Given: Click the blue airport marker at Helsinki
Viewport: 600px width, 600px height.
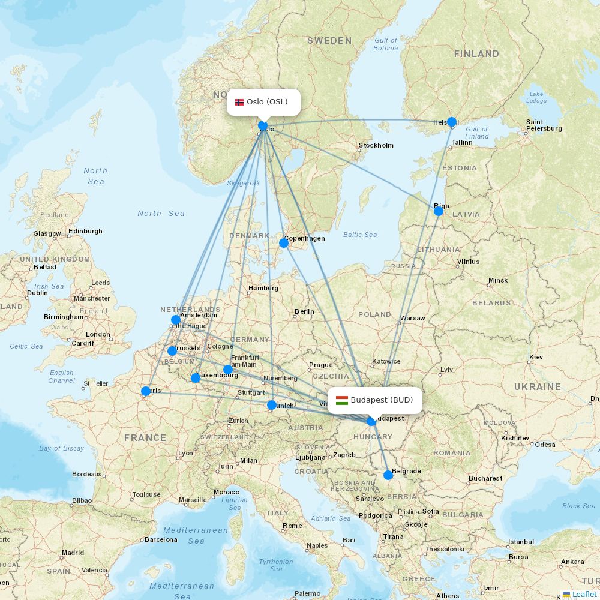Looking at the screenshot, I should tap(452, 122).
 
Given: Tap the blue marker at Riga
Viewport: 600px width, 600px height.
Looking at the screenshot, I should tap(439, 211).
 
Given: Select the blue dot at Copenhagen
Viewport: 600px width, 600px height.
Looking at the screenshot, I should tap(284, 243).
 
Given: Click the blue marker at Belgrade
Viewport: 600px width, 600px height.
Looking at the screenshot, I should tap(388, 475).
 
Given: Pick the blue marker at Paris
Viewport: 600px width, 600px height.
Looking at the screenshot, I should tap(145, 391).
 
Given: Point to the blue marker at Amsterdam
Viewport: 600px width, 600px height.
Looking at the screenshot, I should tap(175, 320).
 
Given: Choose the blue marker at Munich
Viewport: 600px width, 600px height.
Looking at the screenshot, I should tap(271, 405).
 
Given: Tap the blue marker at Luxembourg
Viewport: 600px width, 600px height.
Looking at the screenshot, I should tap(195, 378).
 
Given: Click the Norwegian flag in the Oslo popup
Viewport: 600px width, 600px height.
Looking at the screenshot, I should tap(239, 102).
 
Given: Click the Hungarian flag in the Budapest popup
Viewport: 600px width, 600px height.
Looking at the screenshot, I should tap(342, 400).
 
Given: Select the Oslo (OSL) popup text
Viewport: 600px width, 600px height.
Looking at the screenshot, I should tap(267, 102).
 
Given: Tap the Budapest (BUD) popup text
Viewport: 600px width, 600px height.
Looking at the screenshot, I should tap(382, 400).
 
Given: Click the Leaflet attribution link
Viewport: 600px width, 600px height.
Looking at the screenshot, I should tap(584, 594).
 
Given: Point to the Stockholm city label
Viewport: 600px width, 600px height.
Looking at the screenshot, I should tap(376, 145).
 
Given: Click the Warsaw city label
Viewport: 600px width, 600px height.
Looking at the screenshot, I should tap(412, 318).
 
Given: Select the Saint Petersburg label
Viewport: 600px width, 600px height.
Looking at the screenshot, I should tap(544, 125).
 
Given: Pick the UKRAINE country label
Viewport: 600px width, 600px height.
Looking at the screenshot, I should tap(537, 387).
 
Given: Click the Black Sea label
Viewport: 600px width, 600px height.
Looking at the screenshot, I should tap(579, 506).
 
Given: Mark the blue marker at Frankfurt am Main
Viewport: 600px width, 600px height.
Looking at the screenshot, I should tap(227, 370).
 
